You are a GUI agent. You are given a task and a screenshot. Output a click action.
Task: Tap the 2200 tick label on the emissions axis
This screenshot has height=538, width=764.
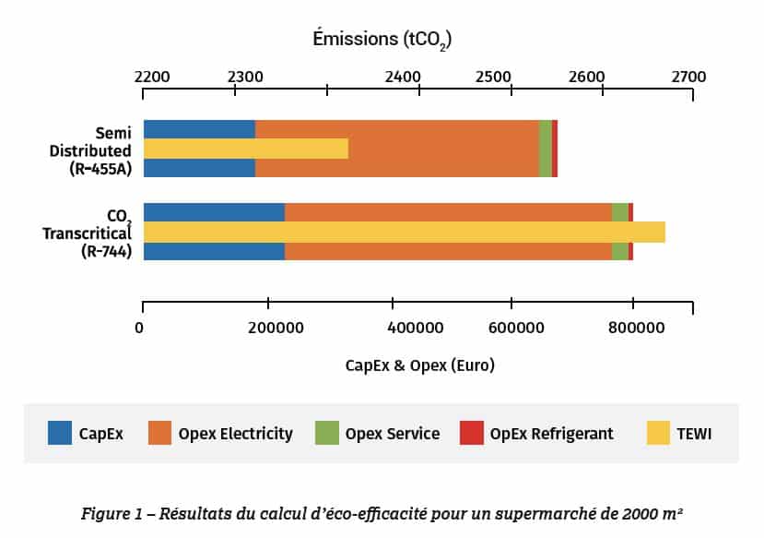(152, 77)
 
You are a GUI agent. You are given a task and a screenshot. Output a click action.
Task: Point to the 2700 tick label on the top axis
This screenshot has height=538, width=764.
(688, 77)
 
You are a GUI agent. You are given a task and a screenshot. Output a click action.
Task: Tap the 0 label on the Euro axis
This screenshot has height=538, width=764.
(140, 328)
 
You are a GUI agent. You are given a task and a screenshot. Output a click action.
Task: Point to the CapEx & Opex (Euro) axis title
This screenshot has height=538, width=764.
(420, 365)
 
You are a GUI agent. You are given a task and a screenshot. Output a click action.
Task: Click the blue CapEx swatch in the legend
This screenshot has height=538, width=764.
(60, 432)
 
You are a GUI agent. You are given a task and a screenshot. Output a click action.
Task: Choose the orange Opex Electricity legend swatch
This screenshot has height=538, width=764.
(160, 432)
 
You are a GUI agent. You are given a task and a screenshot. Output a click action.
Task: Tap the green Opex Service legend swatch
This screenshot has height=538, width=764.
(327, 432)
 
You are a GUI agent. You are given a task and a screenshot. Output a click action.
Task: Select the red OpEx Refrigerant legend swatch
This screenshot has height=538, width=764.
(472, 432)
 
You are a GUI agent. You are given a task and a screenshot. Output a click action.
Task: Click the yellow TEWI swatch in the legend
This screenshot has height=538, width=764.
(659, 432)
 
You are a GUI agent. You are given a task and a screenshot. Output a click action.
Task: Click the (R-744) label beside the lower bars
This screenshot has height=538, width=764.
(106, 251)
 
